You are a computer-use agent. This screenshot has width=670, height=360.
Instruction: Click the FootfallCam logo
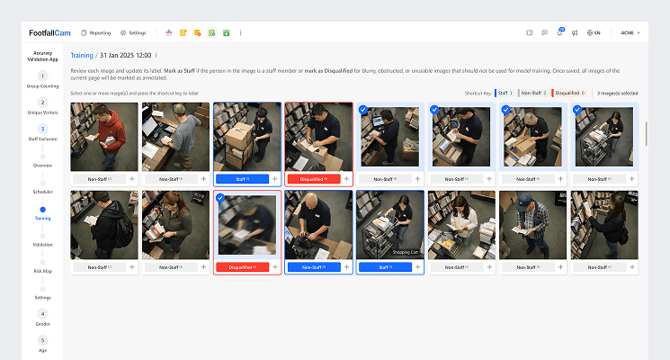click(46, 32)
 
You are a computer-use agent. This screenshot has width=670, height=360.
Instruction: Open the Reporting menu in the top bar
click(95, 32)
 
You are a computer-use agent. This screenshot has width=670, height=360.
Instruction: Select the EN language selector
click(593, 32)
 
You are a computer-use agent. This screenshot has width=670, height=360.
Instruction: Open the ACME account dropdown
click(630, 32)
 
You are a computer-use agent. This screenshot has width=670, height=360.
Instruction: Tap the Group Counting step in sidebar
click(42, 80)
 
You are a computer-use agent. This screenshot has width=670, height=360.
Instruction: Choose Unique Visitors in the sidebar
click(42, 107)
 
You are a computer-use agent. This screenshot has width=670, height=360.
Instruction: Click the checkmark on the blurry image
click(221, 198)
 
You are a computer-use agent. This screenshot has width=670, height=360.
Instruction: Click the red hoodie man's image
click(104, 136)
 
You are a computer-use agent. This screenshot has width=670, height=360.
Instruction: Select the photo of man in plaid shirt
click(533, 224)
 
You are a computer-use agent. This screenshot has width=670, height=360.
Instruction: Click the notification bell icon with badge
click(560, 32)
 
